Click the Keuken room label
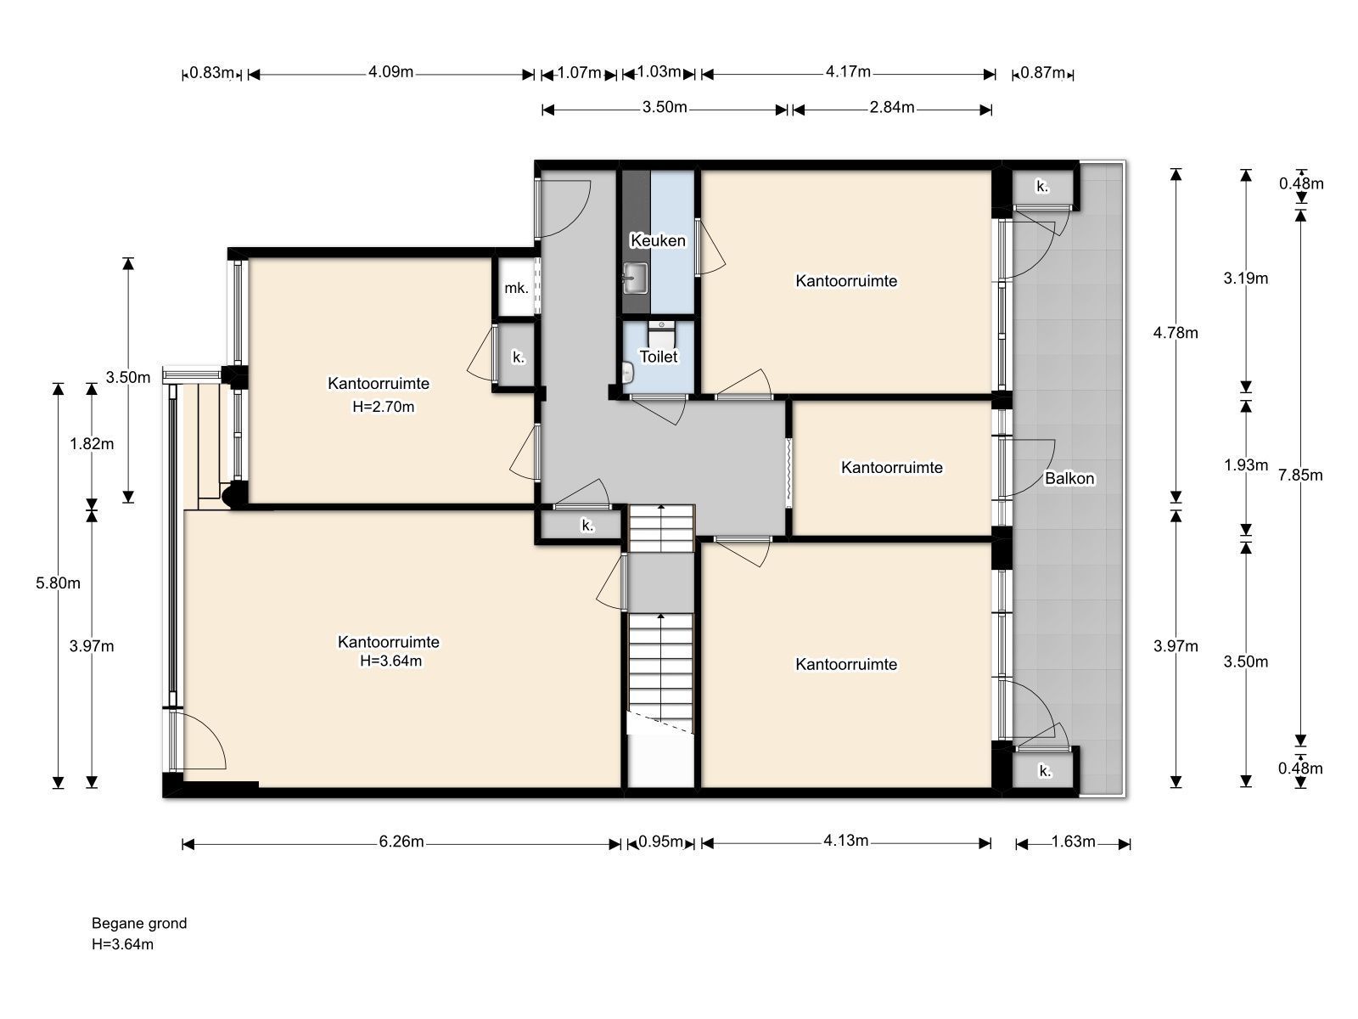point(658,240)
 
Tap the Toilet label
point(659,357)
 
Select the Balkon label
point(1069,478)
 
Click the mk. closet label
point(516,288)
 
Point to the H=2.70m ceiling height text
point(383,407)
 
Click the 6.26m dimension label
point(401,842)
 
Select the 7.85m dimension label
point(1300,476)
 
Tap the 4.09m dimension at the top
point(391,72)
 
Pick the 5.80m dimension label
point(59,583)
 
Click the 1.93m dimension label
point(1246,464)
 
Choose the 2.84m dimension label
point(891,107)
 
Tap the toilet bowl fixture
point(661,335)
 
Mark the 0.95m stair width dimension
point(660,842)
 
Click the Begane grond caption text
point(139,923)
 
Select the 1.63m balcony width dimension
point(1073,842)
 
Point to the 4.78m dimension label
point(1176,333)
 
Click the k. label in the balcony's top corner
point(1042,186)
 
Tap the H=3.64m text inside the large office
point(391,661)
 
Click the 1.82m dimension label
point(92,443)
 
